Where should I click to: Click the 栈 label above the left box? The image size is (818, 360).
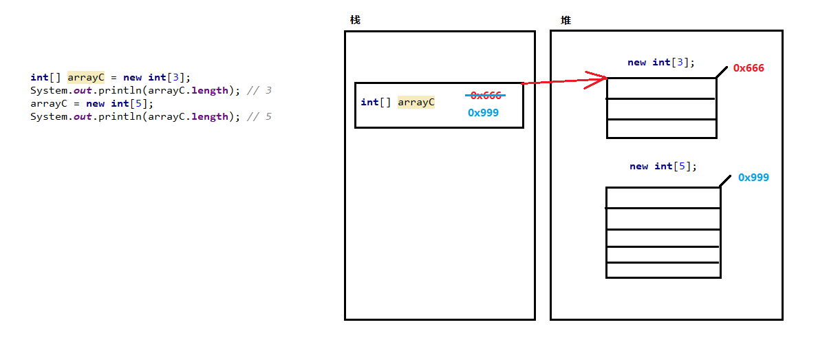tap(355, 20)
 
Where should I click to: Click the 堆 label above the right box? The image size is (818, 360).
tap(566, 20)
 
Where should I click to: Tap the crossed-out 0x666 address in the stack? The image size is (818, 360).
tap(486, 95)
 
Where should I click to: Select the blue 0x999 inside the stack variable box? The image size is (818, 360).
tap(483, 113)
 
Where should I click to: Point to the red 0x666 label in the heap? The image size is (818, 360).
tap(749, 68)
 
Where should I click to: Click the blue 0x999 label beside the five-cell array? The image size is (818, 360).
tap(753, 178)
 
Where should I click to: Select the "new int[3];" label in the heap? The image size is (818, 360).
tap(661, 63)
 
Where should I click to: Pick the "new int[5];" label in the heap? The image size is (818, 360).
tap(663, 167)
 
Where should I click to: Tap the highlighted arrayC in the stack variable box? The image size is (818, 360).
tap(416, 103)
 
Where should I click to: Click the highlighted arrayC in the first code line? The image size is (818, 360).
tap(85, 77)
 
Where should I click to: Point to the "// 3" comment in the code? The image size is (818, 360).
tap(259, 90)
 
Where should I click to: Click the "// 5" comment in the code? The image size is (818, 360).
tap(259, 116)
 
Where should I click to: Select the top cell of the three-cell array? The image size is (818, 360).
tap(661, 88)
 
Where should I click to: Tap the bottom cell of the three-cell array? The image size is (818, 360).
tap(661, 129)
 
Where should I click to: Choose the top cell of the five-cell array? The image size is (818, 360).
tap(663, 198)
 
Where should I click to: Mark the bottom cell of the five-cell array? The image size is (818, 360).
tap(663, 270)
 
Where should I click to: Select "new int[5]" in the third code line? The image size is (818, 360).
tap(120, 103)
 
